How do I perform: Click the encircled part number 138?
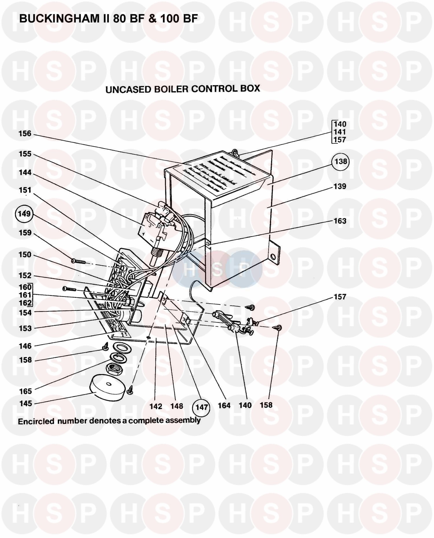tap(341, 162)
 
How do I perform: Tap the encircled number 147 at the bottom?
tap(201, 407)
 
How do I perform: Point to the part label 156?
tap(25, 134)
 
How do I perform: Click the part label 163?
tap(340, 221)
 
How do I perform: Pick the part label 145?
tap(26, 403)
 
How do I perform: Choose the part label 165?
tap(25, 391)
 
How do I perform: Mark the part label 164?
tap(224, 406)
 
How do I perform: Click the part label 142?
tap(156, 406)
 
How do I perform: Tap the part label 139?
tap(340, 186)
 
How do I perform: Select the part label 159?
tap(25, 233)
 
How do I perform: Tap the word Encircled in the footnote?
tap(36, 421)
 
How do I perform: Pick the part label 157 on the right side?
tap(340, 297)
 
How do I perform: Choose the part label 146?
tap(25, 346)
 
